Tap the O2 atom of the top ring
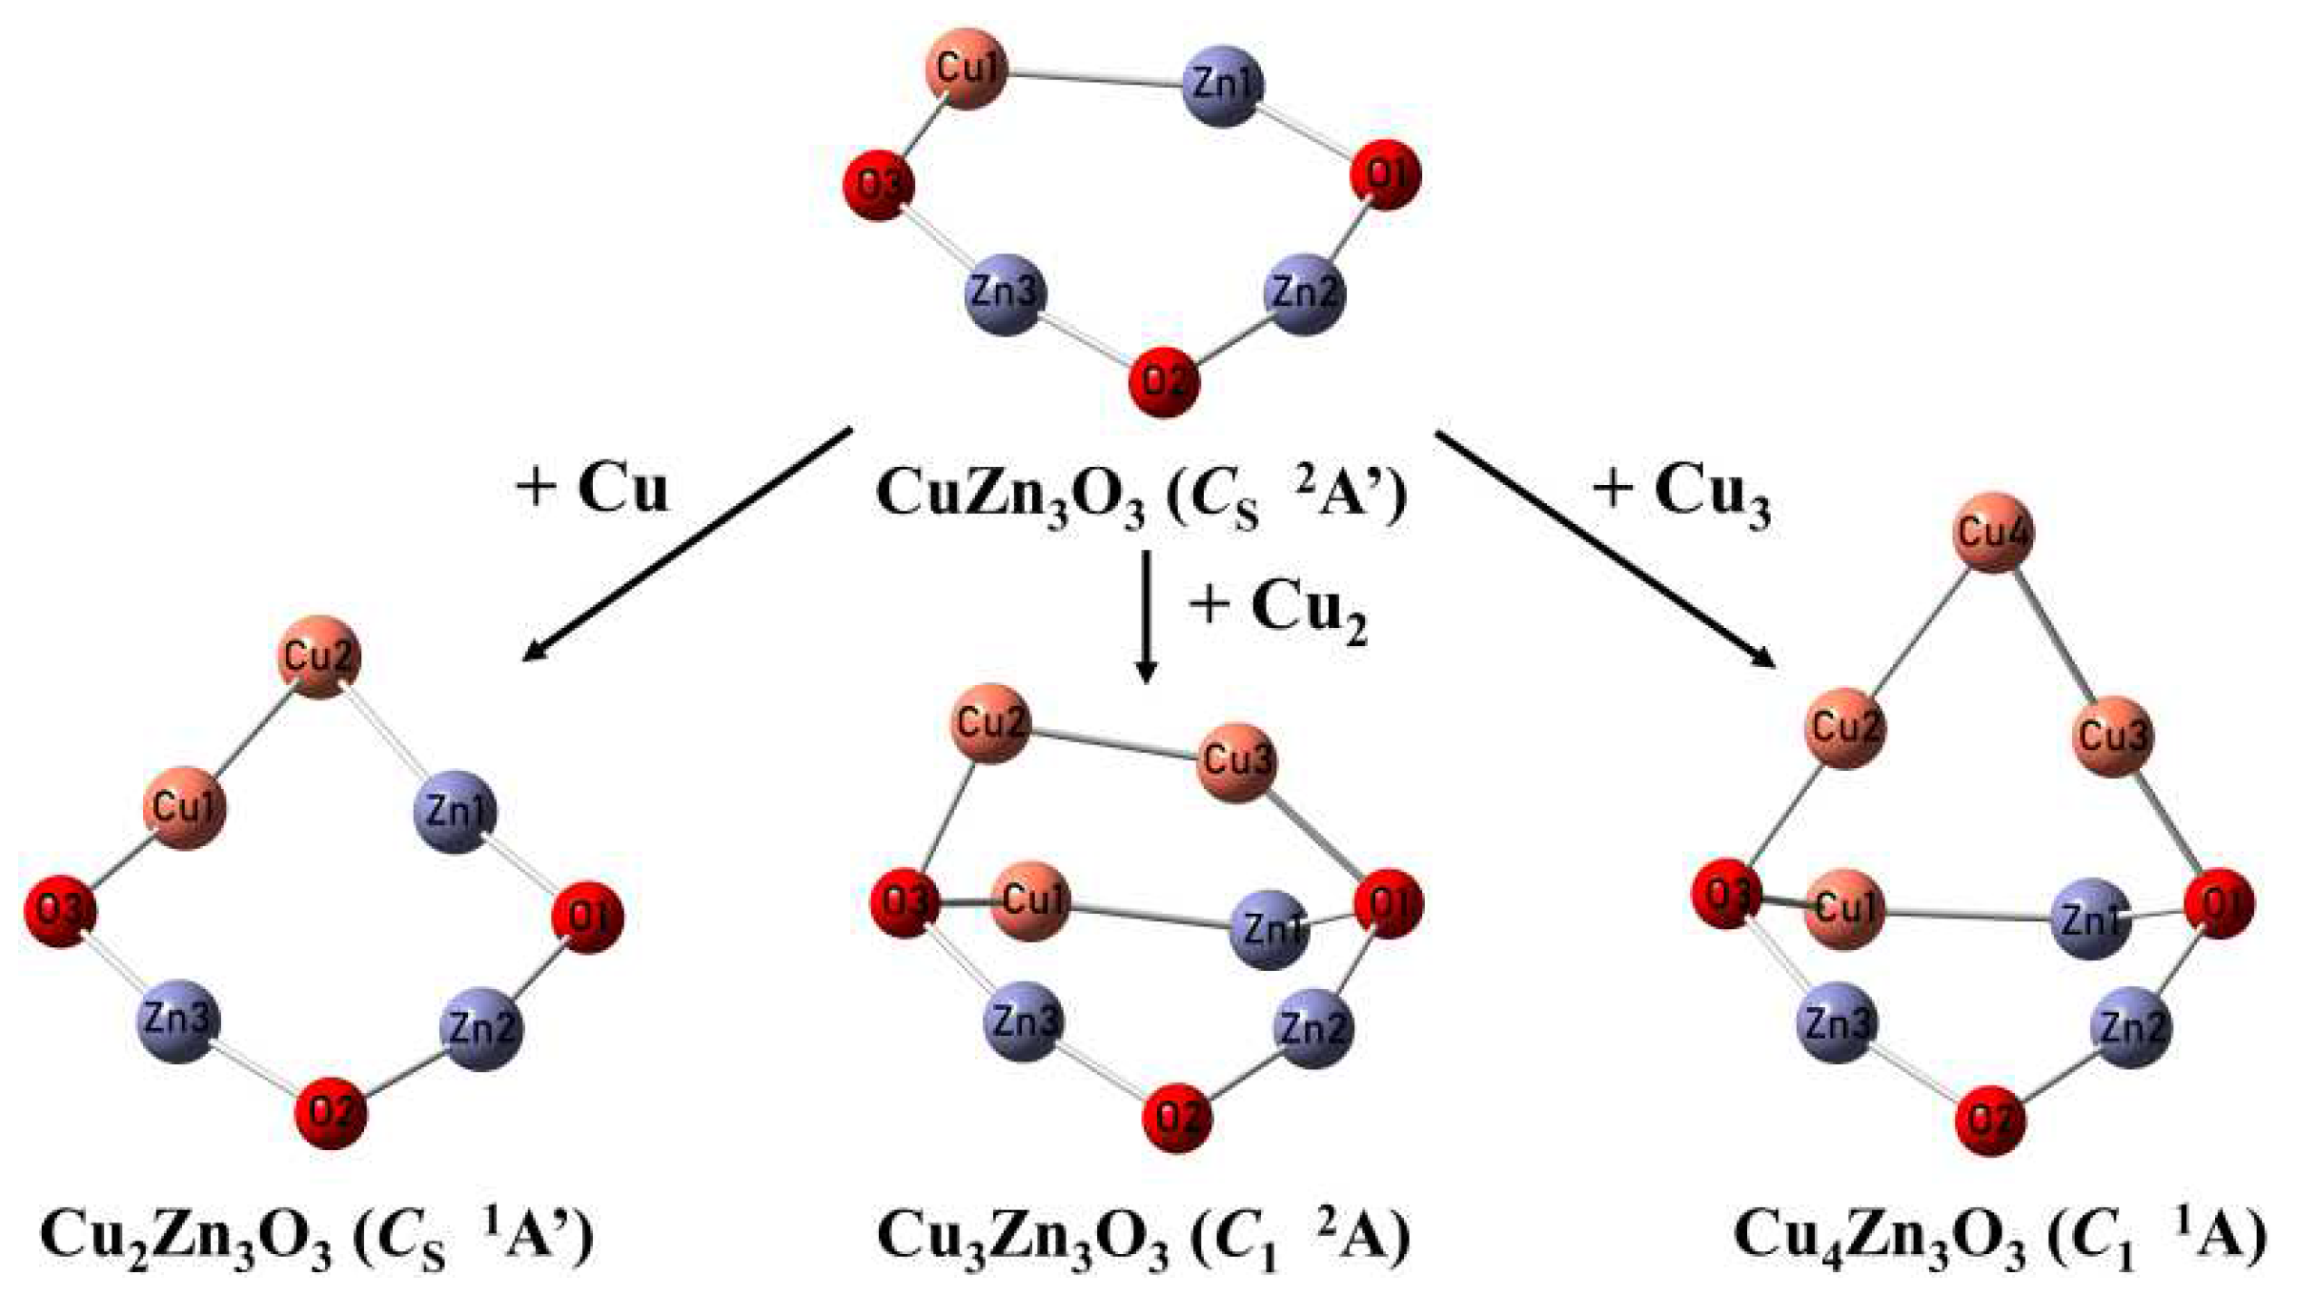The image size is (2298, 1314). tap(1163, 382)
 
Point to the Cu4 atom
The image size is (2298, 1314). tap(1993, 533)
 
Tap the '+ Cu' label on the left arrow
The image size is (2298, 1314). tap(592, 489)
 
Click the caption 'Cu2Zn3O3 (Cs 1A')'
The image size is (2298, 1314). tap(316, 1239)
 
